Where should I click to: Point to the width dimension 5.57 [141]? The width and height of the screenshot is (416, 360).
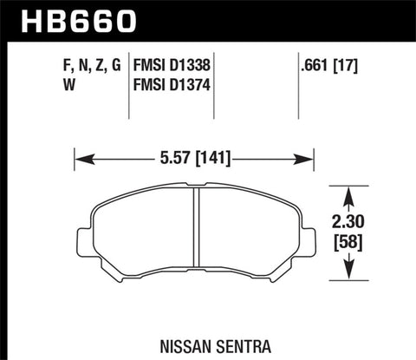pos(194,158)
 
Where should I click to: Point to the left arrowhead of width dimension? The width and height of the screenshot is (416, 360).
pos(81,158)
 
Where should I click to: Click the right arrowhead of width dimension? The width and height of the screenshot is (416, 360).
pos(308,158)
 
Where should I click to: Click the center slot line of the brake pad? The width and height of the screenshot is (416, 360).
pos(196,234)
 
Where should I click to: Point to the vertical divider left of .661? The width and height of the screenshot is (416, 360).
pos(289,87)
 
